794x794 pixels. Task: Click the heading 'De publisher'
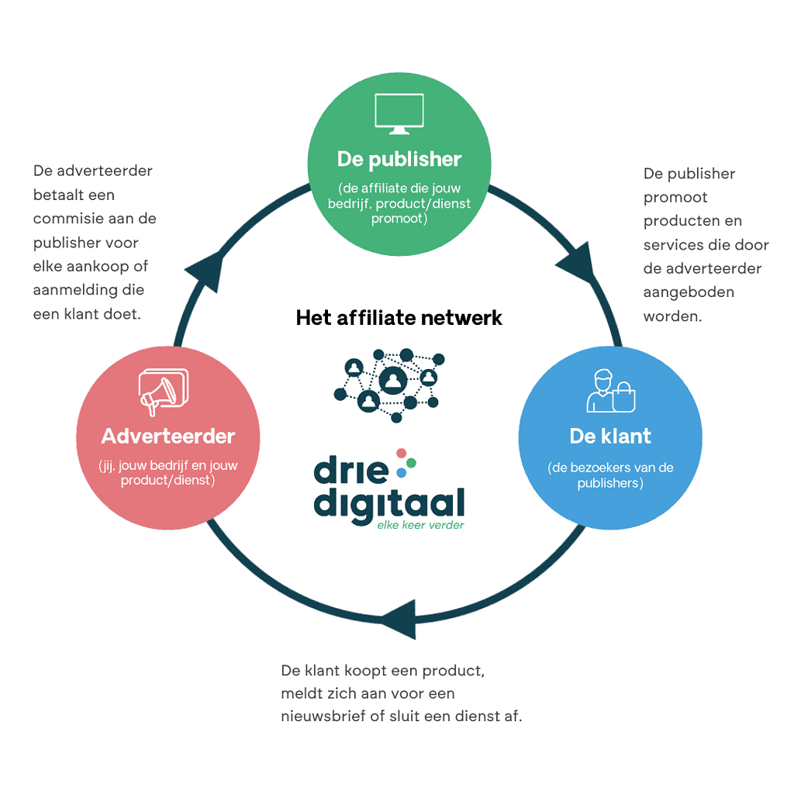tap(399, 160)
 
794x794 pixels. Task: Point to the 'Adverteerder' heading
tap(168, 436)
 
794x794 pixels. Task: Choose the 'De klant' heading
tap(610, 436)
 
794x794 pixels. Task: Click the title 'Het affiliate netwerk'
tap(399, 317)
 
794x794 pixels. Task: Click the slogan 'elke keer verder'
tap(421, 525)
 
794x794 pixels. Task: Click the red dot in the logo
tap(401, 453)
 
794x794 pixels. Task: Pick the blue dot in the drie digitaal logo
tap(401, 471)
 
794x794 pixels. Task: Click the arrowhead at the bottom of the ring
tap(397, 620)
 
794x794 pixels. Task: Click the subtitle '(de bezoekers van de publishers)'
tap(610, 475)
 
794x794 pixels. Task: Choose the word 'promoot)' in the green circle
tap(399, 218)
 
